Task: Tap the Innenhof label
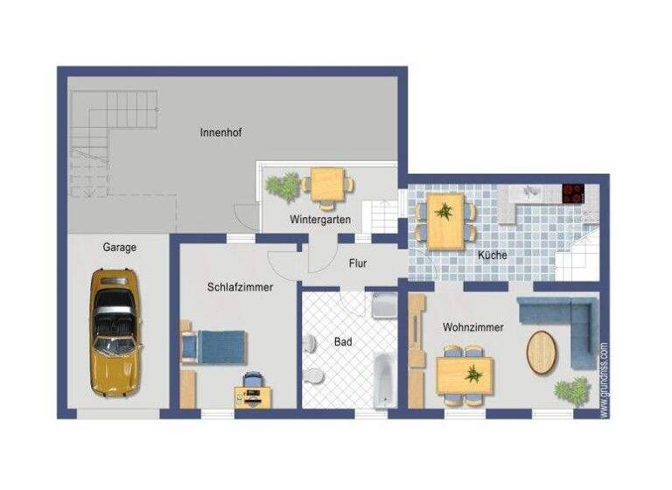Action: (x=220, y=133)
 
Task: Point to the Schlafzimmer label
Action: (x=240, y=287)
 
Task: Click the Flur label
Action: (x=357, y=262)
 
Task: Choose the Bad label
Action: (x=343, y=342)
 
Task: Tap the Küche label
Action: (x=493, y=255)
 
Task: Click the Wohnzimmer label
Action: (x=472, y=327)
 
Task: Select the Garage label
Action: (x=119, y=248)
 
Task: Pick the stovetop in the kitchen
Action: (x=573, y=193)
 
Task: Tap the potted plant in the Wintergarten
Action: (x=283, y=186)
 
